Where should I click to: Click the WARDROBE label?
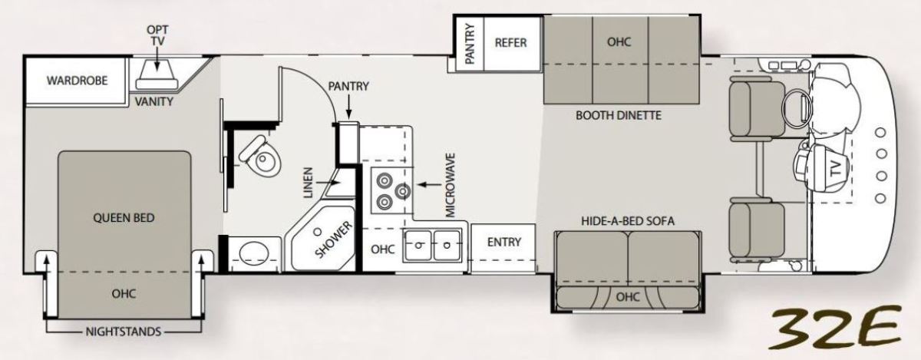tap(78, 81)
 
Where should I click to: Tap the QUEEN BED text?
tap(124, 218)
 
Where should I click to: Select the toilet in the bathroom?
tap(260, 157)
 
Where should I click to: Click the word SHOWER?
tap(334, 239)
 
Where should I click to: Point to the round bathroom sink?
tap(254, 253)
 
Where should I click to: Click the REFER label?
tap(510, 43)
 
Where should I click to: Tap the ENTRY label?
tap(504, 242)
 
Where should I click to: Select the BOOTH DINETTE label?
tap(619, 115)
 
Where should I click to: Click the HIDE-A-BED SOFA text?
tap(628, 221)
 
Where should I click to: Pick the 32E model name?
tap(836, 328)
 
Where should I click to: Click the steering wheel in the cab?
tap(797, 107)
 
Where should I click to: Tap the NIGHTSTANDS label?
tap(124, 332)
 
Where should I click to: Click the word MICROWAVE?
tap(451, 185)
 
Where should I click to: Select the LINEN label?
tap(309, 183)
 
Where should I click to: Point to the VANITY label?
tap(154, 101)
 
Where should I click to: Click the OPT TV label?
tap(157, 35)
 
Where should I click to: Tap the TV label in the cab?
tap(836, 169)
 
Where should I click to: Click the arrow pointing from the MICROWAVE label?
tap(430, 184)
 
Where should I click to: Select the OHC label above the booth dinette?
tap(619, 42)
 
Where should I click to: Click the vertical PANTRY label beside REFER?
tap(470, 44)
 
